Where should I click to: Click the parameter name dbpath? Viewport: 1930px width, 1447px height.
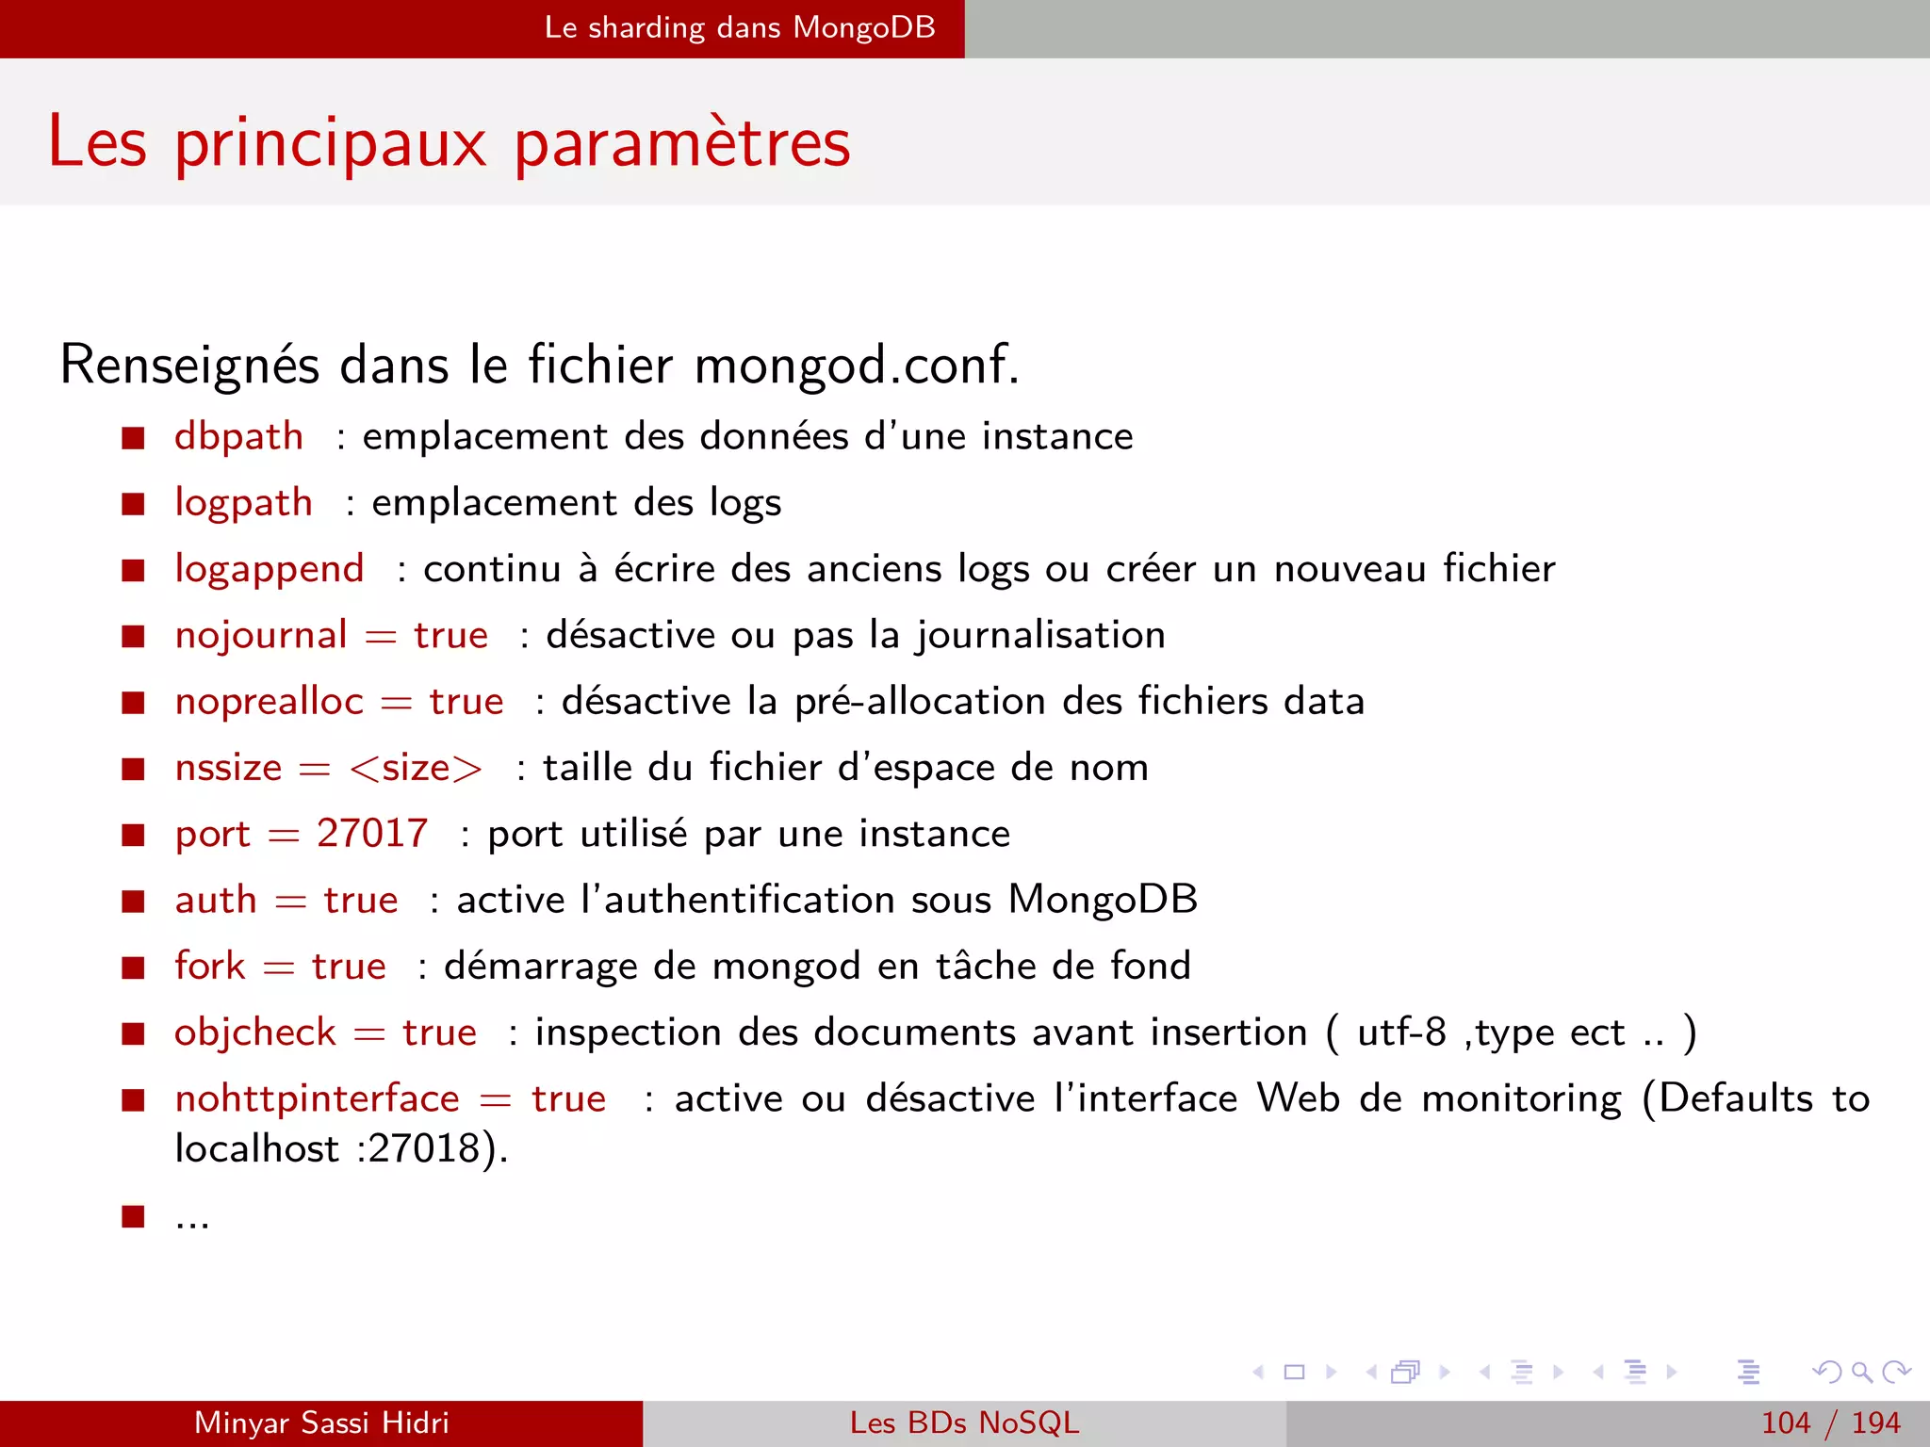[238, 437]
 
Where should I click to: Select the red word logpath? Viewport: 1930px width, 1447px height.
[243, 503]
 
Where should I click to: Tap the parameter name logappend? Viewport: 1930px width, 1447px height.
[270, 569]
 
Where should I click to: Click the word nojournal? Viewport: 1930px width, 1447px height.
[261, 636]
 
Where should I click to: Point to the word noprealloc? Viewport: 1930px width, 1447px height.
[270, 702]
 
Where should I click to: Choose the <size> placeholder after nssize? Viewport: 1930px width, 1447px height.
[416, 769]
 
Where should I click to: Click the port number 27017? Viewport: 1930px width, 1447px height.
[372, 834]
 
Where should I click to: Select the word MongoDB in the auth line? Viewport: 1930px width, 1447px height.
[1103, 900]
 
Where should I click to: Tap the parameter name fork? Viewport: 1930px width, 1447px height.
[209, 967]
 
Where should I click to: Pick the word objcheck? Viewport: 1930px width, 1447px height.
[255, 1032]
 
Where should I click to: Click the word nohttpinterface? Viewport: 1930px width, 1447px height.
[318, 1098]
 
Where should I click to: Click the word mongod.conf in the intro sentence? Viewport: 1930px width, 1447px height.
[856, 366]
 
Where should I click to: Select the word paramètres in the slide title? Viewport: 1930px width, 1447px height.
[682, 143]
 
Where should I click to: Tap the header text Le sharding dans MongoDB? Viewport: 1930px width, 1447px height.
[740, 27]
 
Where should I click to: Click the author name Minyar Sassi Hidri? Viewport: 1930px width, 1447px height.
[321, 1423]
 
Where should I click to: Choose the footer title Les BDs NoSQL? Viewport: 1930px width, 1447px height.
[964, 1423]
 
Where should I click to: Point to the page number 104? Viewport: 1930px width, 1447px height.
[1786, 1423]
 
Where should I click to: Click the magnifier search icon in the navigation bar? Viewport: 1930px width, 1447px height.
[1861, 1372]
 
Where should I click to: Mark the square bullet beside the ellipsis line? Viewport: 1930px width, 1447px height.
[133, 1216]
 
